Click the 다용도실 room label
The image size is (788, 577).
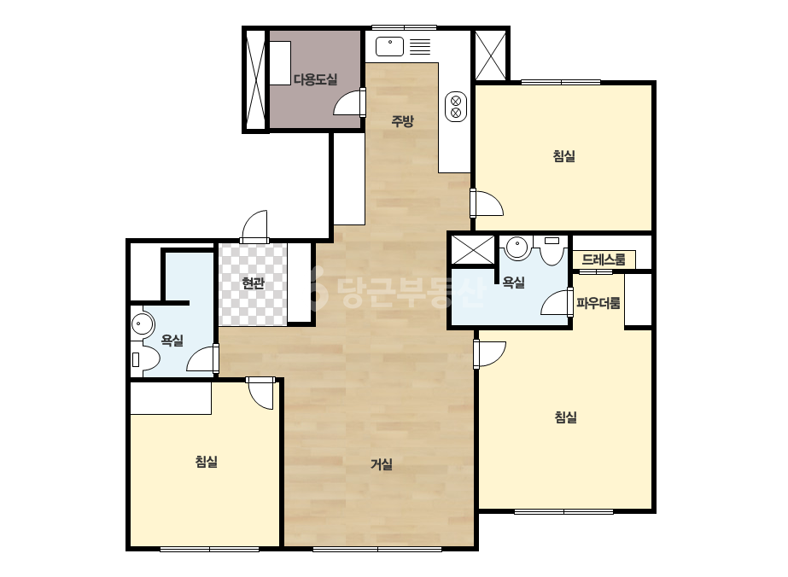(x=315, y=79)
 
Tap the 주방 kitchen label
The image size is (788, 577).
(x=403, y=120)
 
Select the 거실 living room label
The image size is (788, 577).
(x=382, y=464)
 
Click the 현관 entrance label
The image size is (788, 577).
(x=253, y=283)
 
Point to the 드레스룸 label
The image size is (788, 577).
(x=604, y=259)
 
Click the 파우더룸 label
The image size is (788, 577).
(x=598, y=303)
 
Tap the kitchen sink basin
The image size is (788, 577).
(x=389, y=47)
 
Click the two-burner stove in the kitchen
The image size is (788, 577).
(x=456, y=107)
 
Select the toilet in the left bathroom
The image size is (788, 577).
(x=145, y=358)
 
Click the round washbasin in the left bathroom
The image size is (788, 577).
(x=143, y=324)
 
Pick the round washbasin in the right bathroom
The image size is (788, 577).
(x=517, y=248)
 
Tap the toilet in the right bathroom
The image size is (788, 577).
(x=552, y=250)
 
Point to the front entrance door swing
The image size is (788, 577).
(x=254, y=227)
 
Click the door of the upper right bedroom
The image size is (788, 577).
(x=487, y=202)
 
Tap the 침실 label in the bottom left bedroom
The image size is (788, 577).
(x=206, y=462)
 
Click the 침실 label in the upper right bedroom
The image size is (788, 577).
(x=563, y=156)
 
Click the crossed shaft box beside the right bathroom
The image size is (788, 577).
(x=473, y=249)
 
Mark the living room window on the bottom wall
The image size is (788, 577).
(x=377, y=549)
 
